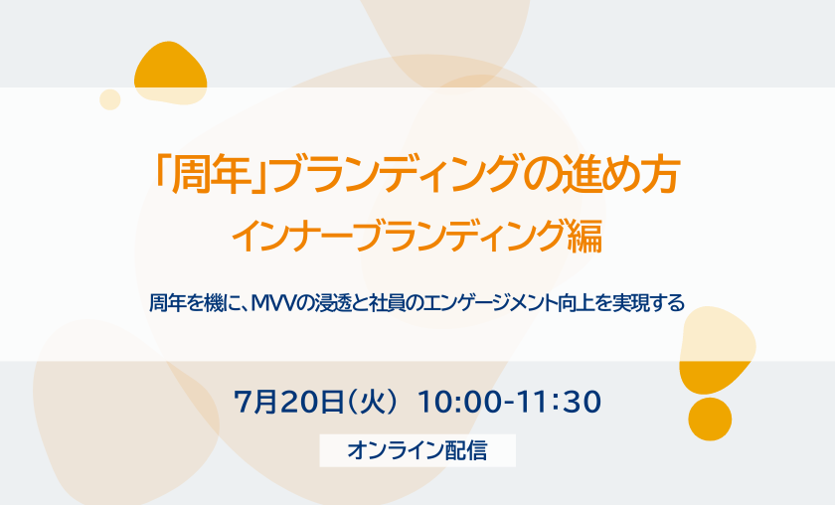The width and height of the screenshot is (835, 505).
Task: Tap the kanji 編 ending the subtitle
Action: (584, 236)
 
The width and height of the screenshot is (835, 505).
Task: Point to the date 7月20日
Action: (288, 402)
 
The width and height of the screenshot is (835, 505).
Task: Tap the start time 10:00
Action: (459, 402)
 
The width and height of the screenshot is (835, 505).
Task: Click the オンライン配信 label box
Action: (417, 450)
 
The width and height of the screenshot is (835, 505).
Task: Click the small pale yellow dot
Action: (110, 99)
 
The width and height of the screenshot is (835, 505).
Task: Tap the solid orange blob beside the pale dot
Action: (170, 74)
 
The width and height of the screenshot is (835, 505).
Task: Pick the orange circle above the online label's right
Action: (710, 419)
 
